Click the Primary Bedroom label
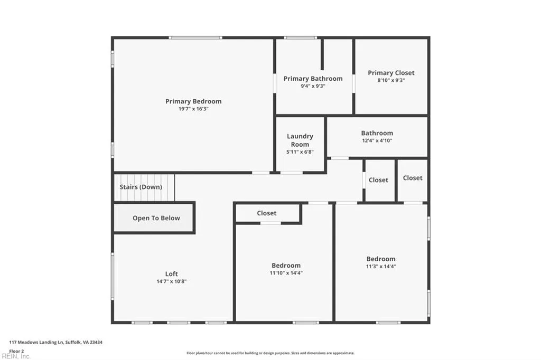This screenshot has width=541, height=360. (x=193, y=101)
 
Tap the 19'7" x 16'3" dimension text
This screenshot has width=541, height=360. (x=193, y=109)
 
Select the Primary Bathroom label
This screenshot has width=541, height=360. (x=313, y=79)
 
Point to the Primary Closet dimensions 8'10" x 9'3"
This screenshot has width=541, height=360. (x=391, y=80)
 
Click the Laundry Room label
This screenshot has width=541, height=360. (x=300, y=140)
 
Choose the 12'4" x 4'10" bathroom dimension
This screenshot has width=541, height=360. (x=377, y=140)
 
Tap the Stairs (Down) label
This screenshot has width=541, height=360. (x=141, y=187)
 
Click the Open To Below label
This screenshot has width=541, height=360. (x=156, y=218)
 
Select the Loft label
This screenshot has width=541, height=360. (x=171, y=274)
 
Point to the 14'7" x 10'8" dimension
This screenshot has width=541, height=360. (x=171, y=281)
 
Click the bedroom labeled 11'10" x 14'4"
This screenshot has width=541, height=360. (x=286, y=269)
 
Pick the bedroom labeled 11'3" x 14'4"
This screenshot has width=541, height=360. (x=381, y=262)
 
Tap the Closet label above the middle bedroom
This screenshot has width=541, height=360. (x=266, y=213)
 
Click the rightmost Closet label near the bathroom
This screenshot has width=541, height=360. (x=412, y=178)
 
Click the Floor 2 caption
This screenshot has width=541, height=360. (x=17, y=350)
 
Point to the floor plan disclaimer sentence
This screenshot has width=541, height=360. (x=270, y=353)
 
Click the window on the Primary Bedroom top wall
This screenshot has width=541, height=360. (x=195, y=37)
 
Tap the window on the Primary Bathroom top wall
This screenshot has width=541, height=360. (x=300, y=37)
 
